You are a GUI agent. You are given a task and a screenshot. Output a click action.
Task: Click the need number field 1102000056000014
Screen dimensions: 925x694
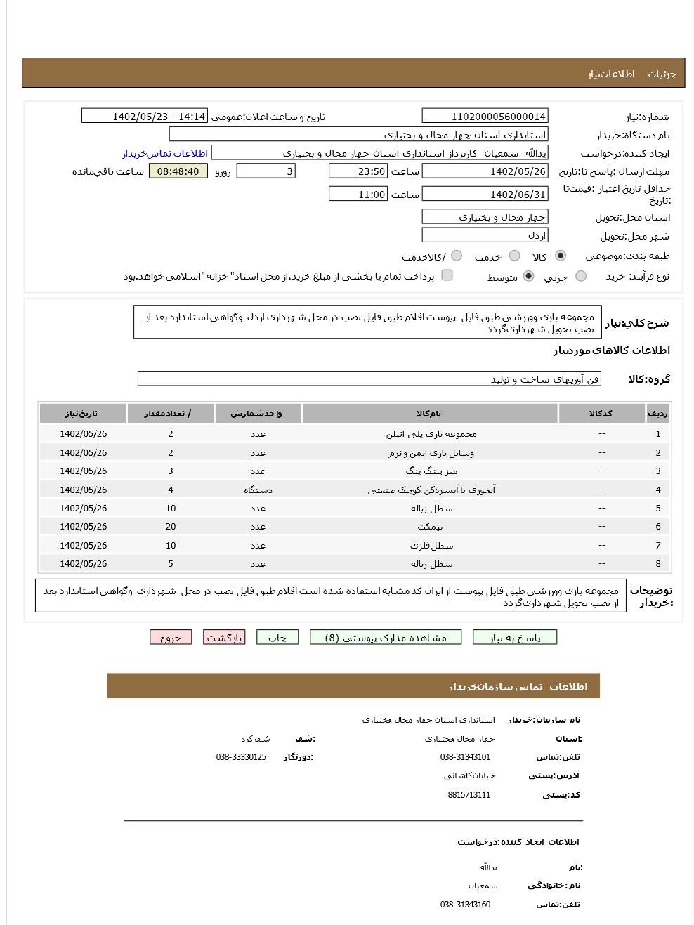tap(485, 117)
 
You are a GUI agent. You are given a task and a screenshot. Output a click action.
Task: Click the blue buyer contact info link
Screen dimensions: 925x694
tap(165, 153)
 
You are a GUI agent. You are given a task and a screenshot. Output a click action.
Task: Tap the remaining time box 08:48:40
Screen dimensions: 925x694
tap(178, 171)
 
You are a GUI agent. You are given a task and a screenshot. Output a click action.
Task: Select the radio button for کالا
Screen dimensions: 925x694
tap(560, 256)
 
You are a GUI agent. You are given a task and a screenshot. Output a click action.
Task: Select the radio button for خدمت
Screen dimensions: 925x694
tap(514, 256)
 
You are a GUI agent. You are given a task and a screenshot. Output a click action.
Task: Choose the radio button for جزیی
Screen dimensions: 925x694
tap(580, 277)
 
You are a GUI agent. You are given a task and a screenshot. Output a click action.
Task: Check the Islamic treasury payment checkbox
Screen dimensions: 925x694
tap(447, 276)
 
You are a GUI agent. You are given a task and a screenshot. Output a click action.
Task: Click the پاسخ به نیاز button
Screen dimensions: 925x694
tap(515, 638)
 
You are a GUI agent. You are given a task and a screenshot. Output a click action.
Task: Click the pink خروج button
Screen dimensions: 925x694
tap(171, 638)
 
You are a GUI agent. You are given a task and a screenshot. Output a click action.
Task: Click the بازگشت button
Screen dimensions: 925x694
tap(224, 638)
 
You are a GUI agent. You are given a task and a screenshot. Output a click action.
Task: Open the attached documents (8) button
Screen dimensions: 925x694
tap(386, 638)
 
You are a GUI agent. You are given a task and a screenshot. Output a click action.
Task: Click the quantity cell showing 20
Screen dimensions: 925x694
tap(171, 527)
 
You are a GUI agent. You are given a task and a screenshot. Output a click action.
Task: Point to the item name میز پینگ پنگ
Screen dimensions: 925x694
tap(431, 471)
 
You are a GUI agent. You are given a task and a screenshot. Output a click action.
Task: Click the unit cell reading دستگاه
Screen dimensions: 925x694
tap(258, 490)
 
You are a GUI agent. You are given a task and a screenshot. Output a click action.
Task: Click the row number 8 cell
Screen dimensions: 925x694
tap(658, 564)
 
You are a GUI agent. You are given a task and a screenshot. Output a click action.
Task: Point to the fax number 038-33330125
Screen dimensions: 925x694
tap(241, 757)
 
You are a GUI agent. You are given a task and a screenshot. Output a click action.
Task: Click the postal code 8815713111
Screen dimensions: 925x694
tap(469, 795)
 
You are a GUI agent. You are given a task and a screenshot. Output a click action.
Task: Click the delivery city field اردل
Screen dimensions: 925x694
tap(485, 236)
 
